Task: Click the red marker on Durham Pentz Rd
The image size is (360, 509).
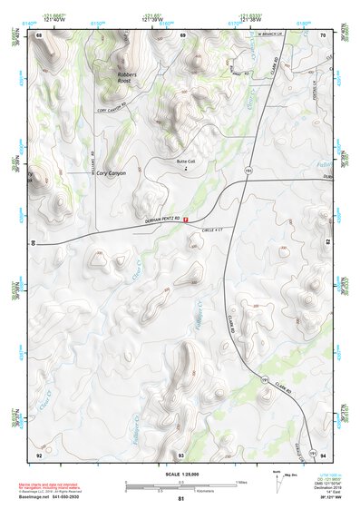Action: click(186, 219)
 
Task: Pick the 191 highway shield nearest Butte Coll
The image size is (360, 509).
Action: click(245, 170)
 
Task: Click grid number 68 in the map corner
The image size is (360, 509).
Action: click(40, 34)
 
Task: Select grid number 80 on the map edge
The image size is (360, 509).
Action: click(36, 243)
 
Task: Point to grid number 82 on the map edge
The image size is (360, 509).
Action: click(326, 243)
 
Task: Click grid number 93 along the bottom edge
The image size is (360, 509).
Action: click(180, 454)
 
